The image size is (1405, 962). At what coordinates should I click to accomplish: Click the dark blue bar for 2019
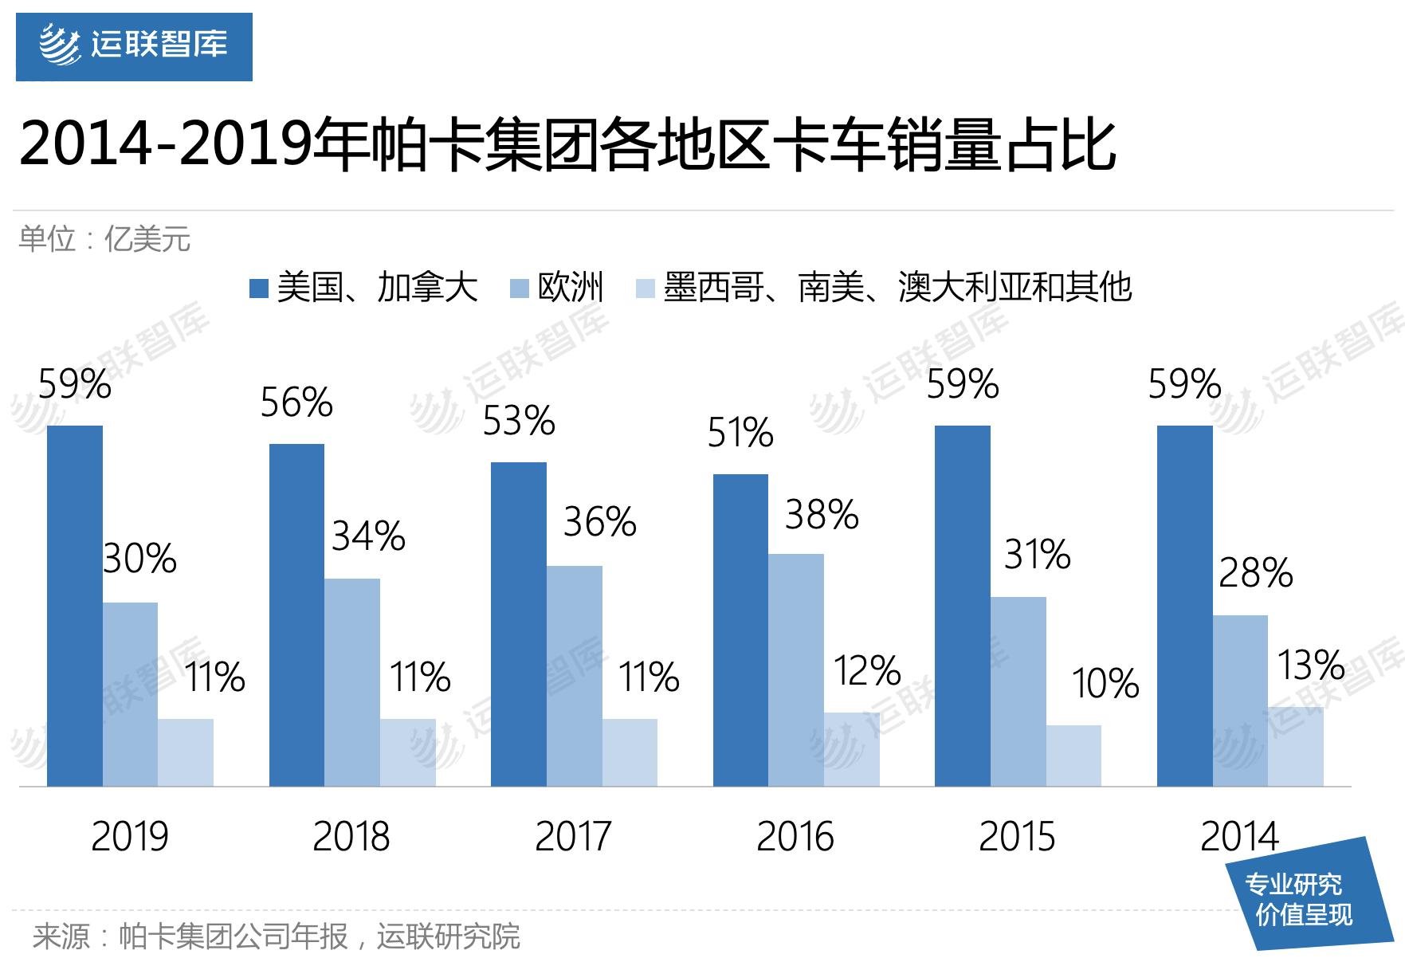click(75, 606)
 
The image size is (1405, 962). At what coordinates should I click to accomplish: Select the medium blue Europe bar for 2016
click(796, 669)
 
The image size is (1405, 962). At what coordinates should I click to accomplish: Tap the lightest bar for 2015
click(1073, 756)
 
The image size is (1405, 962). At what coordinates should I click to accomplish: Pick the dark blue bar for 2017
click(519, 624)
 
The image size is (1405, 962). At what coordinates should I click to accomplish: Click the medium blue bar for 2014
click(1240, 701)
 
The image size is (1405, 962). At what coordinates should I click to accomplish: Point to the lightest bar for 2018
click(408, 752)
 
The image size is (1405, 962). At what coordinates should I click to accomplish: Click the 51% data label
click(740, 434)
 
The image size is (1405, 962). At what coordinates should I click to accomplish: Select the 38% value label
click(822, 515)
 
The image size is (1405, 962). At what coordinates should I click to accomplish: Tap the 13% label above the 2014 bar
click(1311, 665)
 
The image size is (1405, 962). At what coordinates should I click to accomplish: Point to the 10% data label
click(1105, 684)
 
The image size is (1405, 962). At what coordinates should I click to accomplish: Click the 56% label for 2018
click(296, 402)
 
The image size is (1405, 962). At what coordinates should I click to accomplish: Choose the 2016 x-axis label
click(795, 837)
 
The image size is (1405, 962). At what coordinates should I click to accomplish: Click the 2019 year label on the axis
click(129, 837)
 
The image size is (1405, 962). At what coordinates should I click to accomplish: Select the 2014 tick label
click(1239, 837)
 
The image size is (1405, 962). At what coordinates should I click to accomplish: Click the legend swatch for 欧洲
click(520, 289)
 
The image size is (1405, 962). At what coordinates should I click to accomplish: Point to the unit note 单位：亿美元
click(104, 239)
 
